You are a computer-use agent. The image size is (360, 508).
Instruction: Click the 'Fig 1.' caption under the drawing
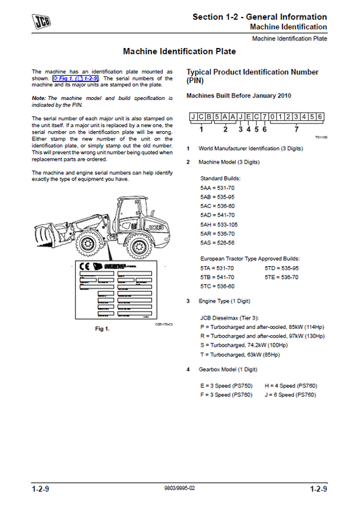[103, 328]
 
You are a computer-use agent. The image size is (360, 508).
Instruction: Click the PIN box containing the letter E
[247, 116]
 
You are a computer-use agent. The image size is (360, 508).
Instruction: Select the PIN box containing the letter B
[208, 116]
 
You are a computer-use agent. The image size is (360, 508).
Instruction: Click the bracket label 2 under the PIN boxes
[226, 129]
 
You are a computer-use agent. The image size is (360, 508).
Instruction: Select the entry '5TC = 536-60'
[217, 286]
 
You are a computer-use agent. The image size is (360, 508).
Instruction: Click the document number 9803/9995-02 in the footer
[180, 488]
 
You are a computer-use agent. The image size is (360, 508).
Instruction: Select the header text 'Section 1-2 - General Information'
[259, 17]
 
